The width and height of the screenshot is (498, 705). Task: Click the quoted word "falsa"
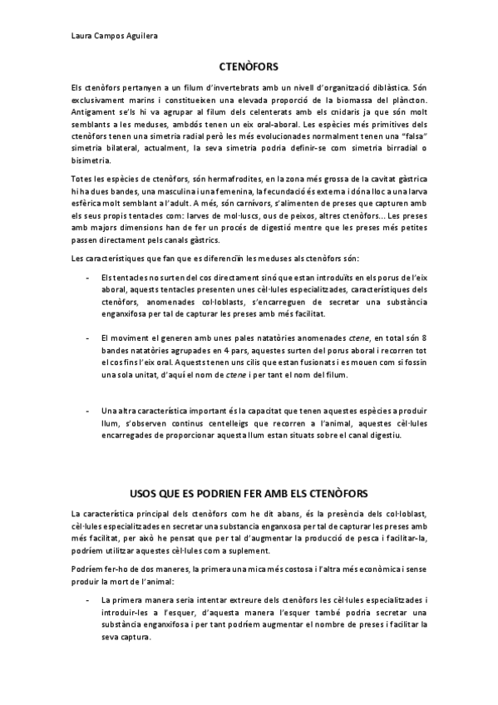point(399,136)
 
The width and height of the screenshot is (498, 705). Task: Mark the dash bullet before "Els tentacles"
point(88,276)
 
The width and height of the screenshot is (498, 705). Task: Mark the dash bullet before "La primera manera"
point(88,599)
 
